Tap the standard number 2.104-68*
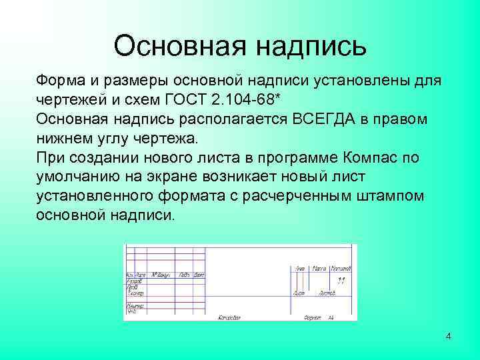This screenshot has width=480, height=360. tap(242, 100)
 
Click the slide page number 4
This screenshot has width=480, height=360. tap(449, 336)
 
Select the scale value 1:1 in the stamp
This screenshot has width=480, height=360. tap(340, 281)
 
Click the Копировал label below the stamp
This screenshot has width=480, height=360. tap(229, 317)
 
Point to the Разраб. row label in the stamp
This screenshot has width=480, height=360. tap(133, 281)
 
